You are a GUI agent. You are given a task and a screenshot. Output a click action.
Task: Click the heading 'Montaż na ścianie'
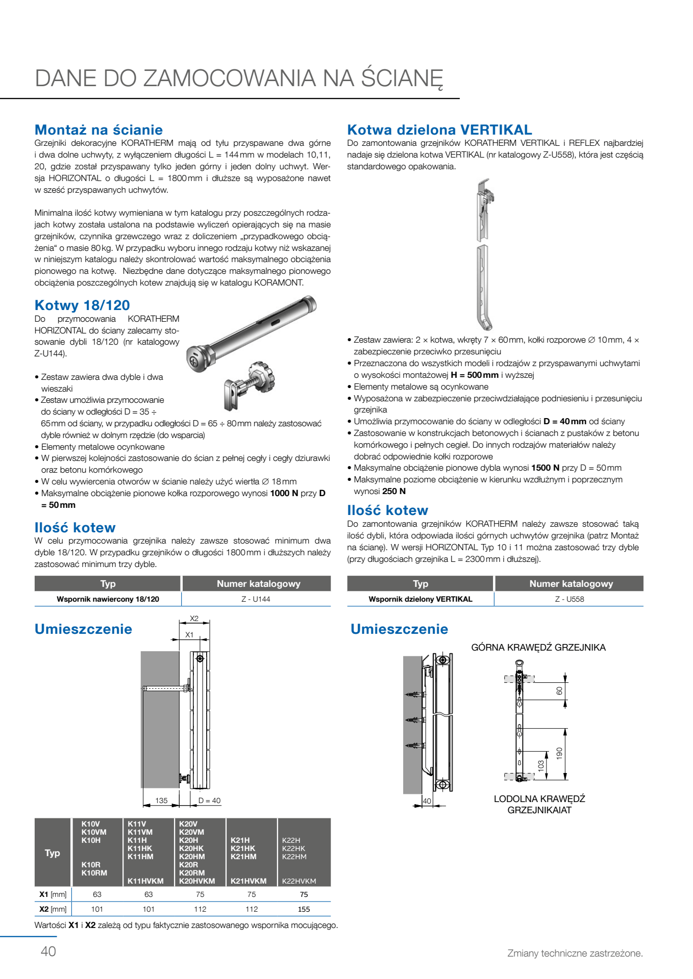point(98,130)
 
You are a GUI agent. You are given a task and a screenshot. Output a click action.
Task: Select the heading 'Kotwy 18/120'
point(82,305)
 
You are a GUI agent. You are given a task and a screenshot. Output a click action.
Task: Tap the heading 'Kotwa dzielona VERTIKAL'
point(439,130)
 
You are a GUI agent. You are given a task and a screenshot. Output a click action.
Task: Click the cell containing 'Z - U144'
point(256,599)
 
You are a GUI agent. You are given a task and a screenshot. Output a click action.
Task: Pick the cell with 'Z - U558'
point(570,599)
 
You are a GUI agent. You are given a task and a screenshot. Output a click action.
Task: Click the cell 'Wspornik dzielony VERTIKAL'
point(420,599)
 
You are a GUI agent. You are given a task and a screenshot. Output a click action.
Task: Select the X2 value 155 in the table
point(304,909)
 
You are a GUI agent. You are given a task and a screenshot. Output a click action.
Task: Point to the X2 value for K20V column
point(200,909)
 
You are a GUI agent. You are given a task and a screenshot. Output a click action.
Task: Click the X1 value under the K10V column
point(97,894)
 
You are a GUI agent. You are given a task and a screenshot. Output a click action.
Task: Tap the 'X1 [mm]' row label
point(53,894)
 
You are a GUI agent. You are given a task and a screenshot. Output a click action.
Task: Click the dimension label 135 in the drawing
point(161,801)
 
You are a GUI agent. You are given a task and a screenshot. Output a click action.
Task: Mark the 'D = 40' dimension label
point(209,801)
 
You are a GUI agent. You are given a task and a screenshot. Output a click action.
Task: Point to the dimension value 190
point(559,753)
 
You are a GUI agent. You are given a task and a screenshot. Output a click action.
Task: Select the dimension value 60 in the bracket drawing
point(559,690)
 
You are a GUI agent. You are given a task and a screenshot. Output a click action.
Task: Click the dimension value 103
point(541,765)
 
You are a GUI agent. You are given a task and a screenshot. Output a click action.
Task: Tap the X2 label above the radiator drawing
point(194,619)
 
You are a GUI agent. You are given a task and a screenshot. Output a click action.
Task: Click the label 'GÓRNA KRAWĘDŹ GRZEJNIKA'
point(538,648)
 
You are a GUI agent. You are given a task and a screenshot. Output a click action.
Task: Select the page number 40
point(48,951)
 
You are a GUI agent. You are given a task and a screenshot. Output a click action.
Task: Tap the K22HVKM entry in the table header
point(299,881)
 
